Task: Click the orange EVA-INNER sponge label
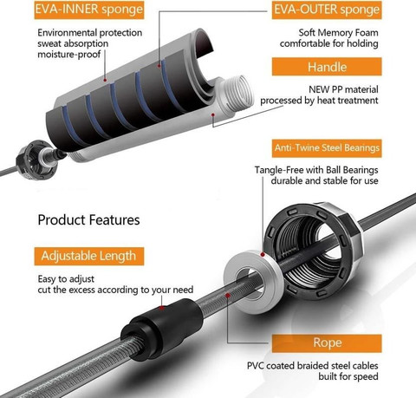(x=89, y=10)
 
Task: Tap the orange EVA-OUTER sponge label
(x=327, y=10)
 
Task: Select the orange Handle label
(x=327, y=67)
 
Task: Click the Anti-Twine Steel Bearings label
(x=327, y=148)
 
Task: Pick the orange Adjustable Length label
(x=89, y=256)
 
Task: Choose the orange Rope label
(x=327, y=343)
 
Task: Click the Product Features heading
(x=88, y=220)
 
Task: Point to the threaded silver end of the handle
(x=235, y=94)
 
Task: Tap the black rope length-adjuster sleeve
(x=162, y=329)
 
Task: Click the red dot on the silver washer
(x=263, y=254)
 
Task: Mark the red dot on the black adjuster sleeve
(x=162, y=308)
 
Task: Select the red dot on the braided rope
(x=228, y=296)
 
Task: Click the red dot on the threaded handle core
(x=213, y=114)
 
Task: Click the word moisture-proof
(x=69, y=55)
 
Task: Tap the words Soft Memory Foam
(x=338, y=33)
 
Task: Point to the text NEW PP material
(x=343, y=89)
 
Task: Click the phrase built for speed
(x=348, y=376)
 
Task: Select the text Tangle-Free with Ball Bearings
(x=316, y=170)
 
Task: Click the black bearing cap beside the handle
(x=36, y=160)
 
